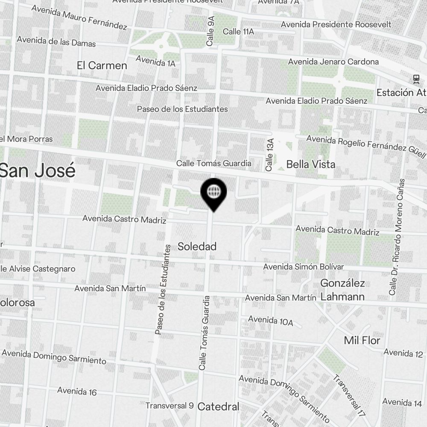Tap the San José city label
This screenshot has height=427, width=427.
tap(38, 171)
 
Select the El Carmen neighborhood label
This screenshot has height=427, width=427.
tap(102, 65)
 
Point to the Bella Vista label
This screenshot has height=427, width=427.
tap(310, 164)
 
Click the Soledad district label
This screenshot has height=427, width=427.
tap(197, 246)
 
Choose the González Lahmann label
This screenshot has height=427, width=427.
tap(342, 290)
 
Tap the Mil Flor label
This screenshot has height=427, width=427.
tap(362, 340)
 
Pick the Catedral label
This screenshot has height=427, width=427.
tap(219, 407)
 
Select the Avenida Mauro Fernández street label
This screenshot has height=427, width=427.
tap(79, 18)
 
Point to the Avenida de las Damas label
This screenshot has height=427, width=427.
tap(56, 41)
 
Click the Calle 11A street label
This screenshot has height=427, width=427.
tap(238, 32)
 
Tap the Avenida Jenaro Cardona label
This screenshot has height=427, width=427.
tap(333, 62)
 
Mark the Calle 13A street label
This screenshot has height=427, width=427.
tap(269, 155)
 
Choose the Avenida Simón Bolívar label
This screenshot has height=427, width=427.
tap(303, 267)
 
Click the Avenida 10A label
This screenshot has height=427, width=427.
tap(270, 320)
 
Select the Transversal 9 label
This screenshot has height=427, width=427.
tap(170, 406)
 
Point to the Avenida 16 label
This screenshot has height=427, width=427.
tap(77, 391)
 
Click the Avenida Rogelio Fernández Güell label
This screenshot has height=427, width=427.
tap(366, 145)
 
